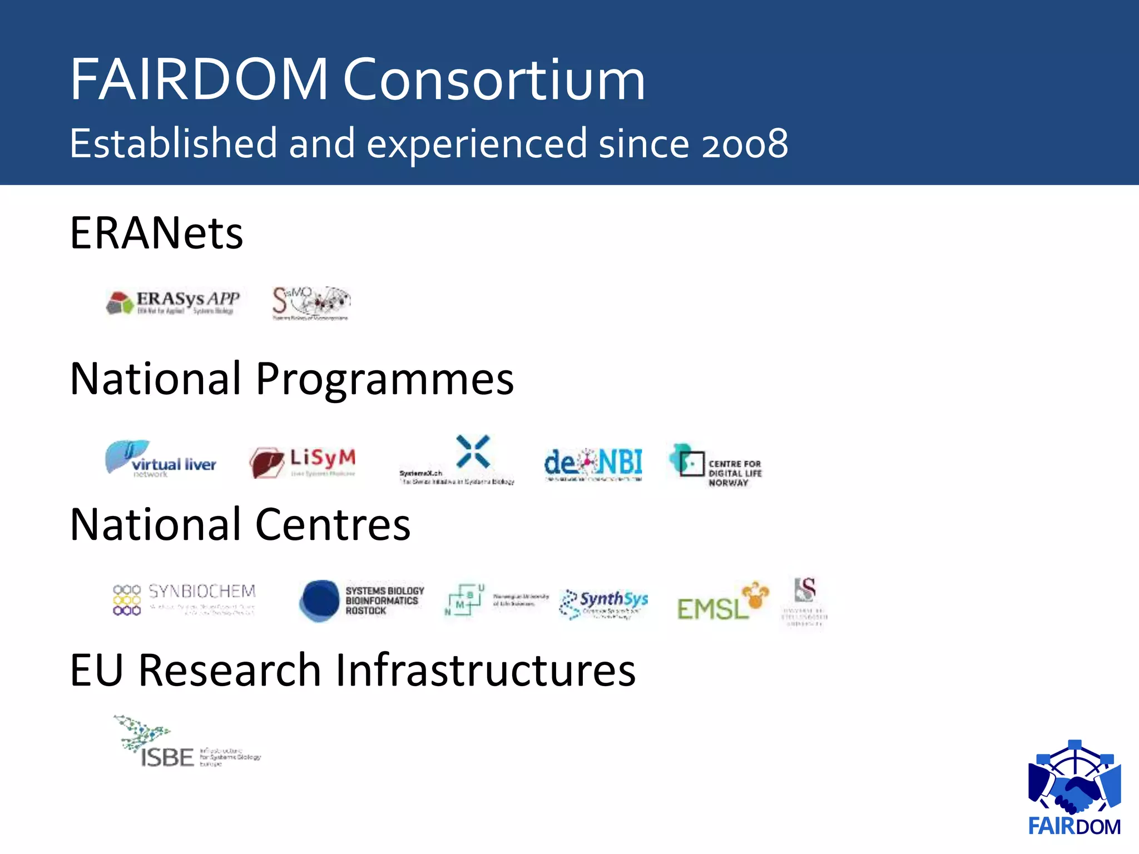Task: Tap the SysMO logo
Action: click(x=311, y=303)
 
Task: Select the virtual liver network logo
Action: click(x=161, y=459)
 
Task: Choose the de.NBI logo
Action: click(x=593, y=464)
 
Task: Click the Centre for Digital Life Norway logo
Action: click(x=716, y=466)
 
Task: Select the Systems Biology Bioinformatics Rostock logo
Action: click(x=362, y=600)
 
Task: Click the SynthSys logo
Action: click(x=605, y=604)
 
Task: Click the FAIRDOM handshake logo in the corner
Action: click(x=1074, y=787)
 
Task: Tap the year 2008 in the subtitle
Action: click(x=745, y=144)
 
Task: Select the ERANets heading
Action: click(x=156, y=233)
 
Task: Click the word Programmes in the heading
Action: click(x=384, y=380)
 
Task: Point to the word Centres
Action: click(x=333, y=525)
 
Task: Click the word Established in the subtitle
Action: click(x=173, y=143)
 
